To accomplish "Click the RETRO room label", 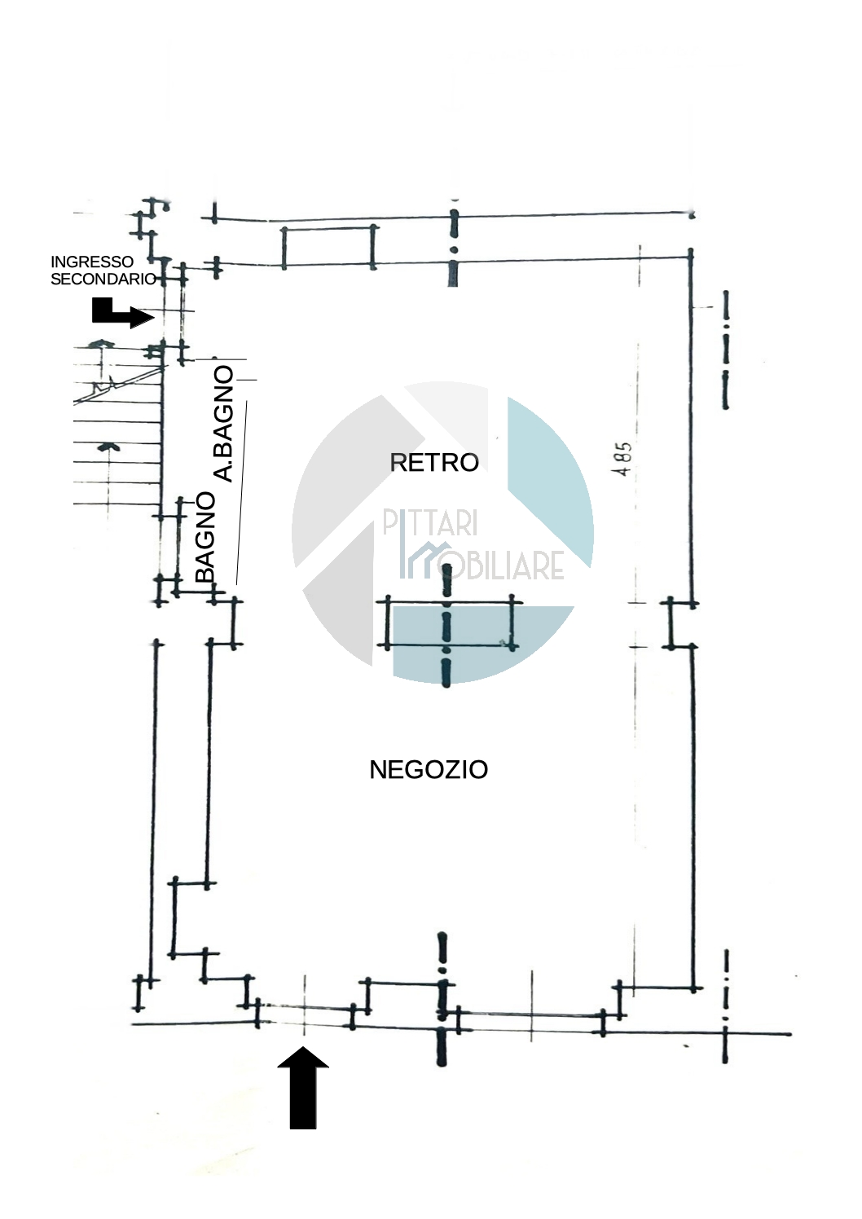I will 434,463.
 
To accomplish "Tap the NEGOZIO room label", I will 429,770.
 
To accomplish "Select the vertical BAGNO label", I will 205,537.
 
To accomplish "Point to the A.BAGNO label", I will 222,424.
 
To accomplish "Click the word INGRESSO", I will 92,262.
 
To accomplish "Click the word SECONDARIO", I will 103,279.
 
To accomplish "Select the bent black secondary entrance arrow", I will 121,313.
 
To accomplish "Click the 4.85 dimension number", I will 623,459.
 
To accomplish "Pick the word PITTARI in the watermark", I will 430,523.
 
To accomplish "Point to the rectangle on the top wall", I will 328,246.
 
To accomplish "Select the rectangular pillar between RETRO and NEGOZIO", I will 449,624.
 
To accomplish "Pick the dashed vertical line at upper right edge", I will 725,350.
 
